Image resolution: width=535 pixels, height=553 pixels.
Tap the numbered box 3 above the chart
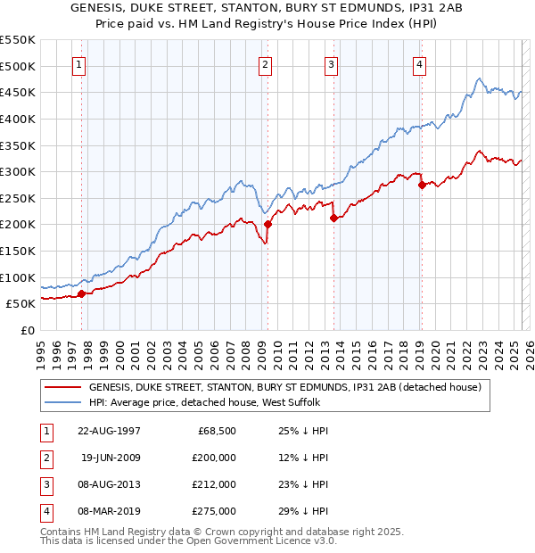331,63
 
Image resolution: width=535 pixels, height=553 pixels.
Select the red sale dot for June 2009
267,225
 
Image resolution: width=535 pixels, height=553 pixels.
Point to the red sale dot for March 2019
421,186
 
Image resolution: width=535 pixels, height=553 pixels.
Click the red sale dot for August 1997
81,293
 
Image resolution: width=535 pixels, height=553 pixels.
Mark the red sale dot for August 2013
333,218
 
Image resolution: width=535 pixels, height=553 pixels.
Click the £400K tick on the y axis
18,119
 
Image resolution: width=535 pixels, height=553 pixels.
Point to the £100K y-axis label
18,277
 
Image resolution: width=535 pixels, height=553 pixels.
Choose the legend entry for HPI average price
204,402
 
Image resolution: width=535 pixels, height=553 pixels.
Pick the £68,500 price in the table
217,430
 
